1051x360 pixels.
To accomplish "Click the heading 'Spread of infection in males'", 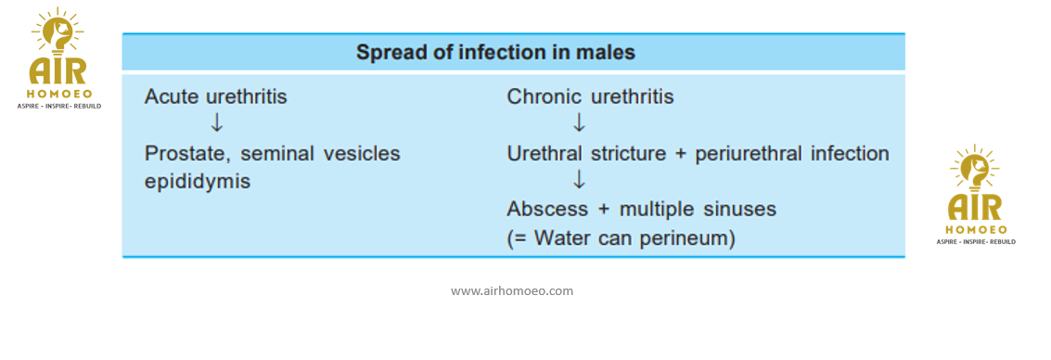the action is pos(495,52).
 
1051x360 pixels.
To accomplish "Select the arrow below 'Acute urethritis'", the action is pos(216,123).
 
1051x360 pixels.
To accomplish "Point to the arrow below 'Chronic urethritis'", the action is pos(579,123).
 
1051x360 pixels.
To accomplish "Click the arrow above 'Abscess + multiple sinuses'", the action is pos(579,180).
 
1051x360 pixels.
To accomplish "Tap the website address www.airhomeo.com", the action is pos(512,291).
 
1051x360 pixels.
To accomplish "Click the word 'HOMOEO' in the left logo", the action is pos(58,94).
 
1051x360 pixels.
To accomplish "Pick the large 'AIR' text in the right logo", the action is pos(975,209).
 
